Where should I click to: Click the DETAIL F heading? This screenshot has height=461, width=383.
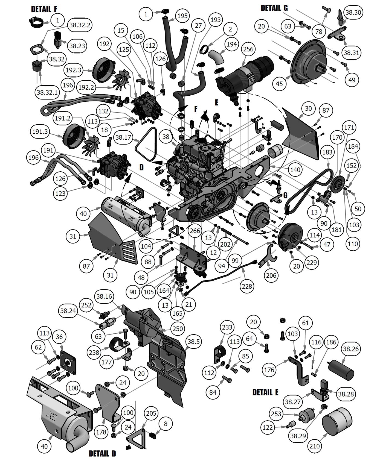coord(44,9)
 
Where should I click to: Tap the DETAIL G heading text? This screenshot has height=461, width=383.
coord(274,8)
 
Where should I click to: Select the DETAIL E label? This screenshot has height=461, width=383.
coord(265,392)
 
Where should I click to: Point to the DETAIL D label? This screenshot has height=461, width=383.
coord(102,454)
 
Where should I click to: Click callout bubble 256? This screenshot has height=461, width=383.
coord(248,49)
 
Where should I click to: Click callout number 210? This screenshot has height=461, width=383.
coord(315,446)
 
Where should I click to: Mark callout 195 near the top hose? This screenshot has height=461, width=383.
coord(182,16)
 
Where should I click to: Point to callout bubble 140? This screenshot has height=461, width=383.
coord(295,170)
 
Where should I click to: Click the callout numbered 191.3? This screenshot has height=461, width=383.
coord(40,132)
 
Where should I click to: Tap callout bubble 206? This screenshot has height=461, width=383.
coord(271,275)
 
